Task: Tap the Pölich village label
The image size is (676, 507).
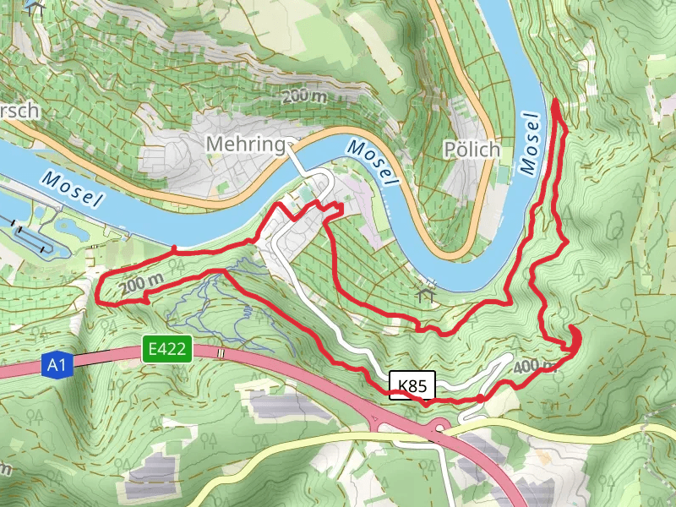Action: click(x=472, y=150)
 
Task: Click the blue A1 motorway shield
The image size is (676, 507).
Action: click(x=55, y=366)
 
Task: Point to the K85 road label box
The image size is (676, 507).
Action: click(x=412, y=385)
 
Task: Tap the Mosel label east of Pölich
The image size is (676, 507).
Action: click(x=531, y=144)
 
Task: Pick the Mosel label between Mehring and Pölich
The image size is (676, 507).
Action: click(x=373, y=162)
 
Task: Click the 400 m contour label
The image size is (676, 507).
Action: click(x=533, y=366)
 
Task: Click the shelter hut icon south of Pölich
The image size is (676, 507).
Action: click(x=425, y=295)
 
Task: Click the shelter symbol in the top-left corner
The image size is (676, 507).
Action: click(x=34, y=6)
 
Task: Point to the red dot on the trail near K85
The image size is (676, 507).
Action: click(x=479, y=398)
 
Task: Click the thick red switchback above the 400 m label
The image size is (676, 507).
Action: click(x=575, y=337)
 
